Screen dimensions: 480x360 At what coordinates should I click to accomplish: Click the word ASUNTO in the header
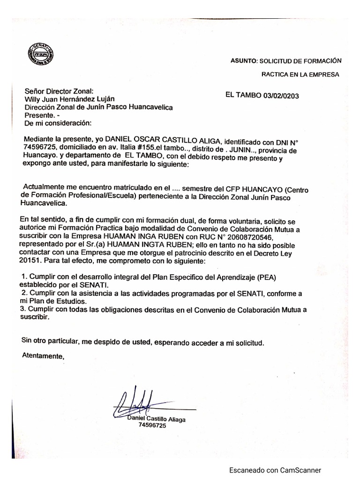tap(244, 61)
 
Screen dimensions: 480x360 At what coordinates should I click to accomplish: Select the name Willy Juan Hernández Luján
tap(69, 99)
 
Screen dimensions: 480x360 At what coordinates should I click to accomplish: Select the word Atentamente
tap(42, 356)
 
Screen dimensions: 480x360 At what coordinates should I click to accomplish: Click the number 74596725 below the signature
tap(152, 425)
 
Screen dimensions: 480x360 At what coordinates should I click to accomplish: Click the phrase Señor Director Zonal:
tap(59, 91)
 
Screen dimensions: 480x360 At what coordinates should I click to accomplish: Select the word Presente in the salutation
tap(38, 115)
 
